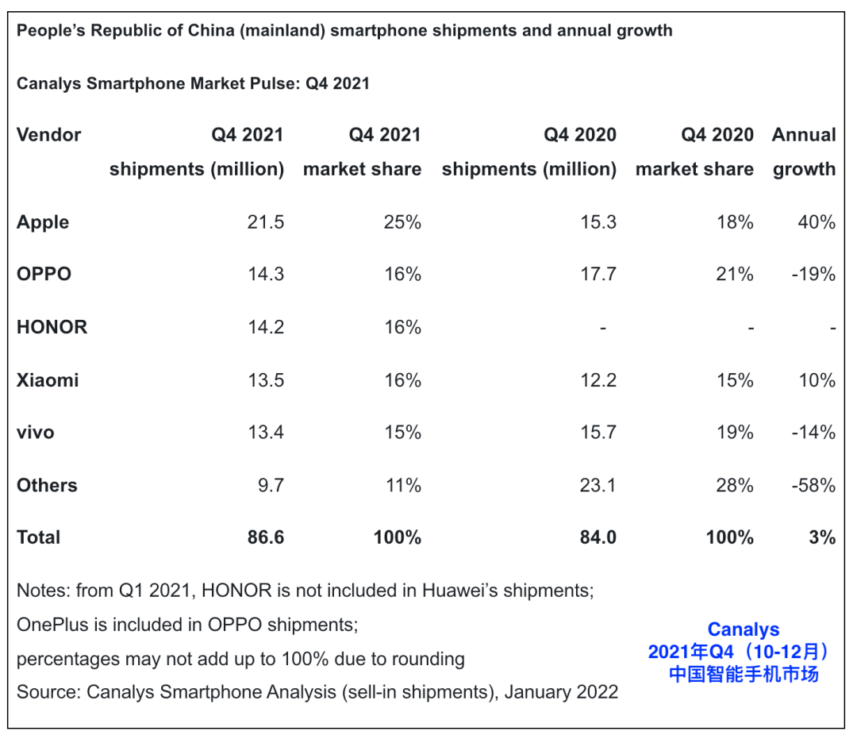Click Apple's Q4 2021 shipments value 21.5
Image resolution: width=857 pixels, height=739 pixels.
point(265,222)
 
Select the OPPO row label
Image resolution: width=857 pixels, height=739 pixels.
point(44,275)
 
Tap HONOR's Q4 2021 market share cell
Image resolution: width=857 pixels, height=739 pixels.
point(401,327)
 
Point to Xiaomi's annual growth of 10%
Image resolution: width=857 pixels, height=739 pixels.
point(816,380)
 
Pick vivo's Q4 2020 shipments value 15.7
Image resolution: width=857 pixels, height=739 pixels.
point(598,433)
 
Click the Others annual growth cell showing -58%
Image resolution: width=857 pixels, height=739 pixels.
point(813,485)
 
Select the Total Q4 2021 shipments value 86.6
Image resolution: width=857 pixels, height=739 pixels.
point(265,537)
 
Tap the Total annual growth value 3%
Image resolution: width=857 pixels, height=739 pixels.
point(821,537)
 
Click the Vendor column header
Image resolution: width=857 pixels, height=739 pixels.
point(48,135)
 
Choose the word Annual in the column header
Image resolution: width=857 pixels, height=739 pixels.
point(803,135)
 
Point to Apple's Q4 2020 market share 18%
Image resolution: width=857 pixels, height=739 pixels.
point(734,222)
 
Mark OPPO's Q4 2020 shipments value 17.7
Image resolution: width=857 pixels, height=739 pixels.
point(598,275)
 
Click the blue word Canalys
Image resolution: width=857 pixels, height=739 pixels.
point(743,629)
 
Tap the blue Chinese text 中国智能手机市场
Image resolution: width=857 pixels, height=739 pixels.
point(743,675)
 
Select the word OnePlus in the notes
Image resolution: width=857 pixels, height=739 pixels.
point(52,625)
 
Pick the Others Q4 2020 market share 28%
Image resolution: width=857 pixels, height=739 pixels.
point(734,485)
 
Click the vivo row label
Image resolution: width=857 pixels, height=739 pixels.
point(35,433)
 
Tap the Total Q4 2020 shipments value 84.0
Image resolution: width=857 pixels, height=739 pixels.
point(598,537)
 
